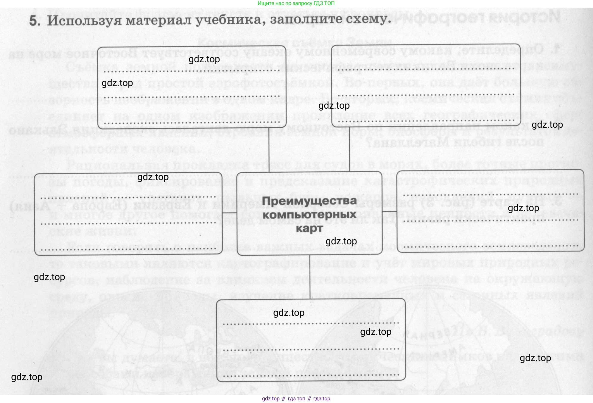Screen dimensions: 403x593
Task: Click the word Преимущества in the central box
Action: coord(309,201)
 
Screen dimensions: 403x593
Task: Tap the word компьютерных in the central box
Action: coord(309,215)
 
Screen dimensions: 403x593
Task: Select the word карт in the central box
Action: coord(309,229)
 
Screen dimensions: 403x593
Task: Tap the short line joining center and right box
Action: coord(390,212)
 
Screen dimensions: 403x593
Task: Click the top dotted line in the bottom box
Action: coord(311,324)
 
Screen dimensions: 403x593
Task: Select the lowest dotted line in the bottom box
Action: coord(311,375)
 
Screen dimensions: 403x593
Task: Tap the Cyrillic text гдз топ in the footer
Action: coord(296,399)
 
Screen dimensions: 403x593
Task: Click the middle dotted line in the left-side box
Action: coord(128,223)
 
